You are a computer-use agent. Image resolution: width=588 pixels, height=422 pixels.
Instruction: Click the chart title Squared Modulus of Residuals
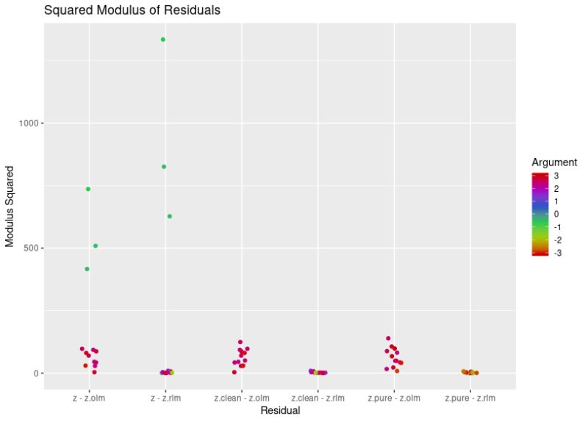(132, 10)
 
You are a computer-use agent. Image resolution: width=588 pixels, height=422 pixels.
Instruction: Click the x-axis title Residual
(280, 411)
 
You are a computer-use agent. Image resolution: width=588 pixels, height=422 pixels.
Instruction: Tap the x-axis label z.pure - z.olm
(394, 398)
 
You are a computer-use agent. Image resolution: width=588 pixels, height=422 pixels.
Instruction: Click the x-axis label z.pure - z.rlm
(470, 398)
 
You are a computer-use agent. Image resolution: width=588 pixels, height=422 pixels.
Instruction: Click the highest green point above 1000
(163, 40)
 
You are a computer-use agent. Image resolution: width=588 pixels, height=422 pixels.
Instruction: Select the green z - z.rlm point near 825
(164, 167)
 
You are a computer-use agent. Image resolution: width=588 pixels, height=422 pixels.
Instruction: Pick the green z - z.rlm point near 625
(170, 216)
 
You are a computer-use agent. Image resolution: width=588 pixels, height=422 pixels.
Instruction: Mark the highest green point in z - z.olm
(88, 189)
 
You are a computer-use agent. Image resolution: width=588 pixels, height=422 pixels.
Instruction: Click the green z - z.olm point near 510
(96, 246)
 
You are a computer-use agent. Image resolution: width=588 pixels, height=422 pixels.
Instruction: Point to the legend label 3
(556, 176)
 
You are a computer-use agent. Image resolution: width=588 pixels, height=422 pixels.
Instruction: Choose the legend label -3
(558, 252)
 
